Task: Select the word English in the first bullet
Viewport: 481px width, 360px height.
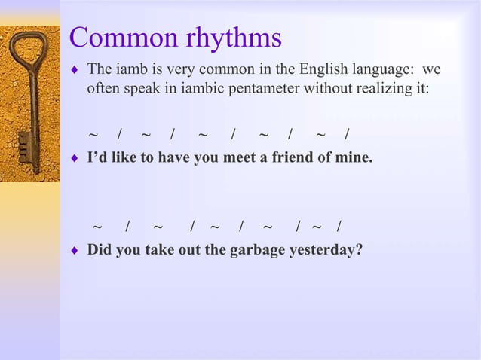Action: pos(321,70)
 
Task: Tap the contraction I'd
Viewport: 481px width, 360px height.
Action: pos(98,159)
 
